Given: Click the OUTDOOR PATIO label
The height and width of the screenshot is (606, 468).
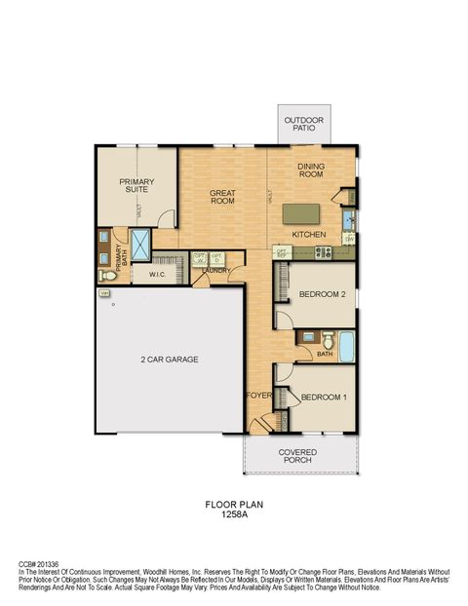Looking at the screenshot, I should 303,124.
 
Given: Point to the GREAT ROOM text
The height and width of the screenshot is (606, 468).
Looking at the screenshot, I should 222,197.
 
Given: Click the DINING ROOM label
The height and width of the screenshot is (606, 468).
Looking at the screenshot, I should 311,170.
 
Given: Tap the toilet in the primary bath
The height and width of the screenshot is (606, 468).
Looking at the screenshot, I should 109,277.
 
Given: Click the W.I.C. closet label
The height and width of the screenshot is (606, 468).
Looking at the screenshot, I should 161,276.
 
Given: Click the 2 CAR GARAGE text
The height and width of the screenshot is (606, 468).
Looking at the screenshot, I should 168,360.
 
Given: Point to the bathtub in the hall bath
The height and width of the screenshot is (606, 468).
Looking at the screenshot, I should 343,342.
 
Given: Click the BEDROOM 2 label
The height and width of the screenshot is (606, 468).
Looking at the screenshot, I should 323,293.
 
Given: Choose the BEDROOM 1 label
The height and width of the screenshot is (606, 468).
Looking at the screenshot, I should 323,398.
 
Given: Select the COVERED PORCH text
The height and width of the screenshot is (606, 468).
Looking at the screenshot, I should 296,457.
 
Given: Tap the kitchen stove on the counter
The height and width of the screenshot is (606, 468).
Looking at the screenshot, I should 323,253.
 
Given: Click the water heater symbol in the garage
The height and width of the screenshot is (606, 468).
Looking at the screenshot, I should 103,292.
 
